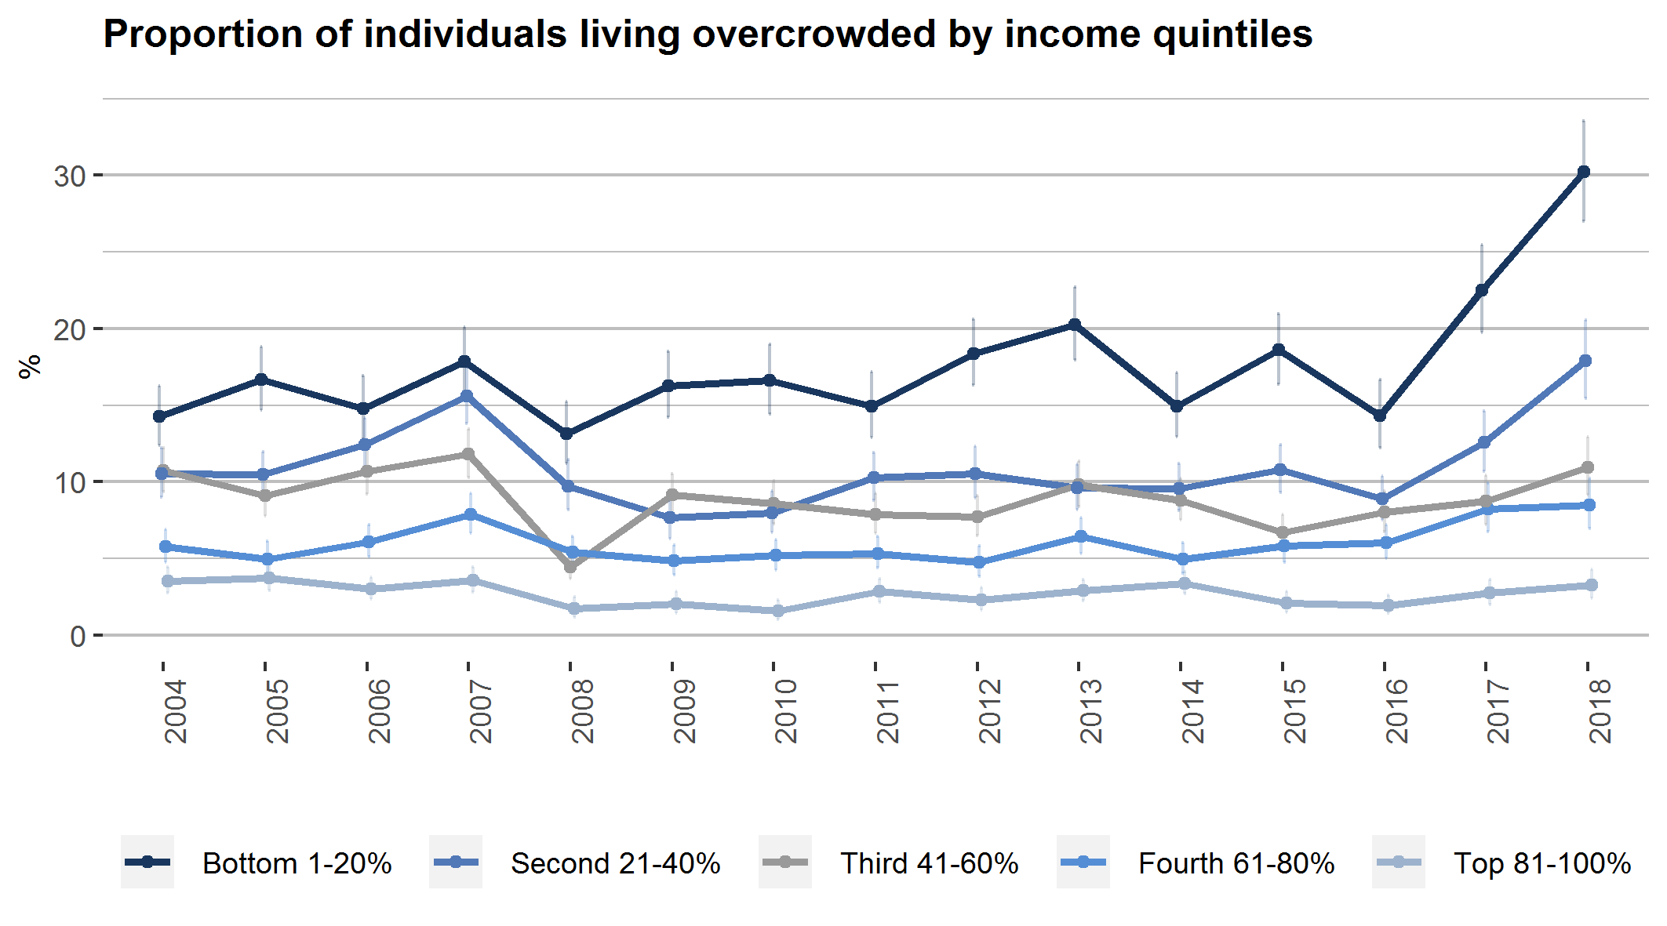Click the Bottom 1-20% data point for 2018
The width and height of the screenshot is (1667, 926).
(x=1584, y=172)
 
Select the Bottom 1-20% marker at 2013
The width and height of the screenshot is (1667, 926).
(x=1075, y=325)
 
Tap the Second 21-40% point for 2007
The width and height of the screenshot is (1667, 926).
(x=467, y=396)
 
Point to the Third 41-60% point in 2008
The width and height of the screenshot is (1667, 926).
(x=570, y=567)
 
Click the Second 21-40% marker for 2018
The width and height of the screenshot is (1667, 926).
(x=1585, y=361)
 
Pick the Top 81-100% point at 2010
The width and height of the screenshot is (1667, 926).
(x=777, y=611)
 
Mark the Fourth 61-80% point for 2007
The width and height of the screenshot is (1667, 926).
(x=471, y=514)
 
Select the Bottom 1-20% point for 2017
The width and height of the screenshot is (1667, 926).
(x=1482, y=290)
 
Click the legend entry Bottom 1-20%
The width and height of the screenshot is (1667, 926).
(x=297, y=863)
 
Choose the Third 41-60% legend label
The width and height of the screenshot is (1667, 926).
(x=929, y=863)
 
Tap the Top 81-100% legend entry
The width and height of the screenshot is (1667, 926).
(x=1541, y=863)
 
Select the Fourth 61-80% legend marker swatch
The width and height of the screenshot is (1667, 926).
(x=1083, y=862)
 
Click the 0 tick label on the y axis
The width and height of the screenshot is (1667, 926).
(x=78, y=636)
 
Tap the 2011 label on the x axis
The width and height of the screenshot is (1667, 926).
(x=887, y=711)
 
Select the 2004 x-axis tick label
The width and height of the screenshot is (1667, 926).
(x=175, y=711)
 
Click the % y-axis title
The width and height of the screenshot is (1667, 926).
(x=30, y=366)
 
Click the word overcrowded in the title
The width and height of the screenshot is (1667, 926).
(x=813, y=34)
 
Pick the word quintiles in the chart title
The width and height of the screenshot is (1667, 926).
(x=1232, y=34)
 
